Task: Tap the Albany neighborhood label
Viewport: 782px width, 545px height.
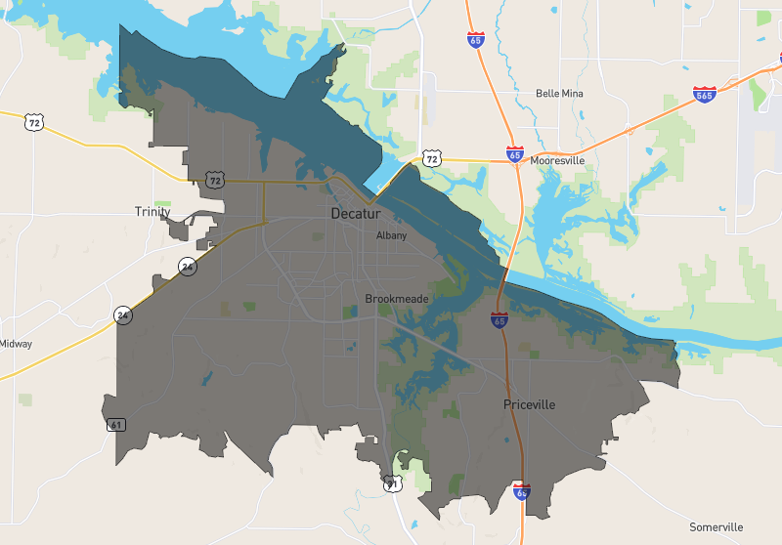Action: pos(392,235)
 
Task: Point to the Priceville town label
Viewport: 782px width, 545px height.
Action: pos(529,404)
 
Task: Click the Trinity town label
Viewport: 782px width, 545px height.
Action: pos(152,212)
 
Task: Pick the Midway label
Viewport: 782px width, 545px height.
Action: pos(16,344)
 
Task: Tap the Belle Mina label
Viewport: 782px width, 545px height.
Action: pos(560,94)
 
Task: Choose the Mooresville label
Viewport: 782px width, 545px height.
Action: pos(557,160)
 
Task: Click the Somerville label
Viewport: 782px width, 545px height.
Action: pos(716,527)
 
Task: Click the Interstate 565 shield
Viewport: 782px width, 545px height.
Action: pos(704,95)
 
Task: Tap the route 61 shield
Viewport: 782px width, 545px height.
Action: pos(116,425)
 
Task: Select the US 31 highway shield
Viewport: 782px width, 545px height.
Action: pos(392,483)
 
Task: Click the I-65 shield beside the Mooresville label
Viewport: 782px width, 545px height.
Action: pos(515,154)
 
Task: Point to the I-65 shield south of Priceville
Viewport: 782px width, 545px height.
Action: pos(522,492)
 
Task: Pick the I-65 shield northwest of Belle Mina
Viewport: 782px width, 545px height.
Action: pos(475,40)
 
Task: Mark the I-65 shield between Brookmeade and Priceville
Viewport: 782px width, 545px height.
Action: pos(500,318)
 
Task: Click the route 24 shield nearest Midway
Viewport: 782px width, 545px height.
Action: pos(122,314)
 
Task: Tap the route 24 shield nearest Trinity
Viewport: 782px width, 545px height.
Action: pos(186,266)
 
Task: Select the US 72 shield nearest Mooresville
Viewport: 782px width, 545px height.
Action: pos(432,157)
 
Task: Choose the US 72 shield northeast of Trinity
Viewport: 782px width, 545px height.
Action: pos(215,180)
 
